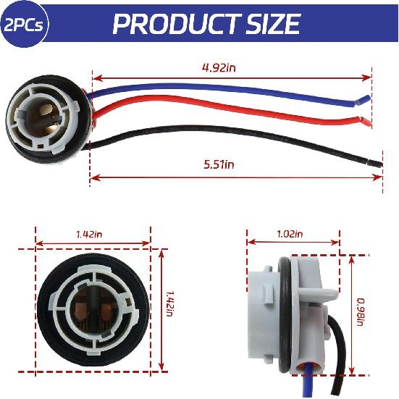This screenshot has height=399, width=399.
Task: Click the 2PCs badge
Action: [x=22, y=24]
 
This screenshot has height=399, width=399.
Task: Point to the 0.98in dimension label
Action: [x=361, y=313]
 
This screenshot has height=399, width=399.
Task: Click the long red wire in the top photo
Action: [x=217, y=112]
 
